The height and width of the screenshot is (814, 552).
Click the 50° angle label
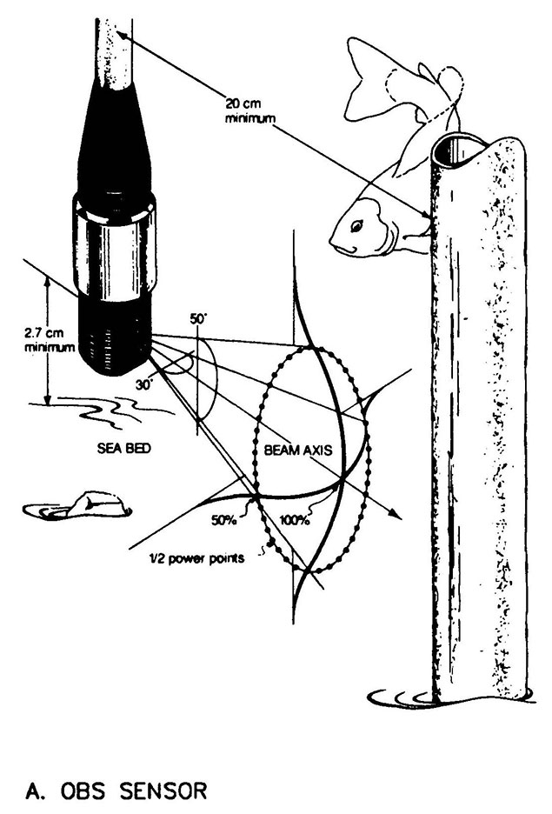[x=196, y=320]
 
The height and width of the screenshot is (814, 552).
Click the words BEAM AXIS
[x=301, y=453]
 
